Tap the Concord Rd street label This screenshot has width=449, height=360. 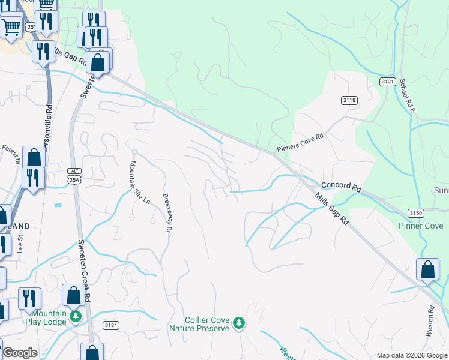coord(341,187)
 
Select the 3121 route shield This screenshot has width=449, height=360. coord(387,81)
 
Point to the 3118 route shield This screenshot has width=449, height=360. coord(348,100)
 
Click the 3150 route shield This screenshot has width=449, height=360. coord(415,213)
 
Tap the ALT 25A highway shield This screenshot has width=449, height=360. coord(73,176)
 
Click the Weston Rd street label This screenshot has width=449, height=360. coord(431,323)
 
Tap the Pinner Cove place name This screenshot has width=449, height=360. coord(421,226)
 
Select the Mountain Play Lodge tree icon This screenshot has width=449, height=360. coord(75,316)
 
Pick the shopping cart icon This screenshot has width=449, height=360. coord(11,26)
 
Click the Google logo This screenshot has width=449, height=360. coord(19,353)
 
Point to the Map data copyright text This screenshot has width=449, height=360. coord(411,355)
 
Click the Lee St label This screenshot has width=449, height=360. coord(20,245)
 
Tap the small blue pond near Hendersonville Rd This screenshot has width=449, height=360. coord(58,205)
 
